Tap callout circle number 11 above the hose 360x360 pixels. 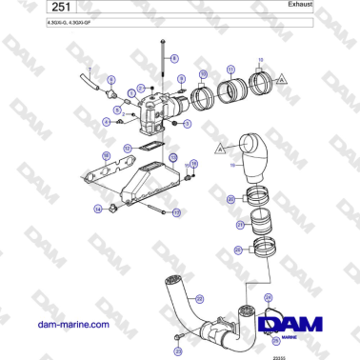click(231, 69)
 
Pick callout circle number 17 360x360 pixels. click(174, 210)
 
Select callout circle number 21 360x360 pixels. click(241, 226)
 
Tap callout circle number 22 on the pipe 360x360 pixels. click(200, 298)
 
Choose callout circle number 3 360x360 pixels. click(187, 123)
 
